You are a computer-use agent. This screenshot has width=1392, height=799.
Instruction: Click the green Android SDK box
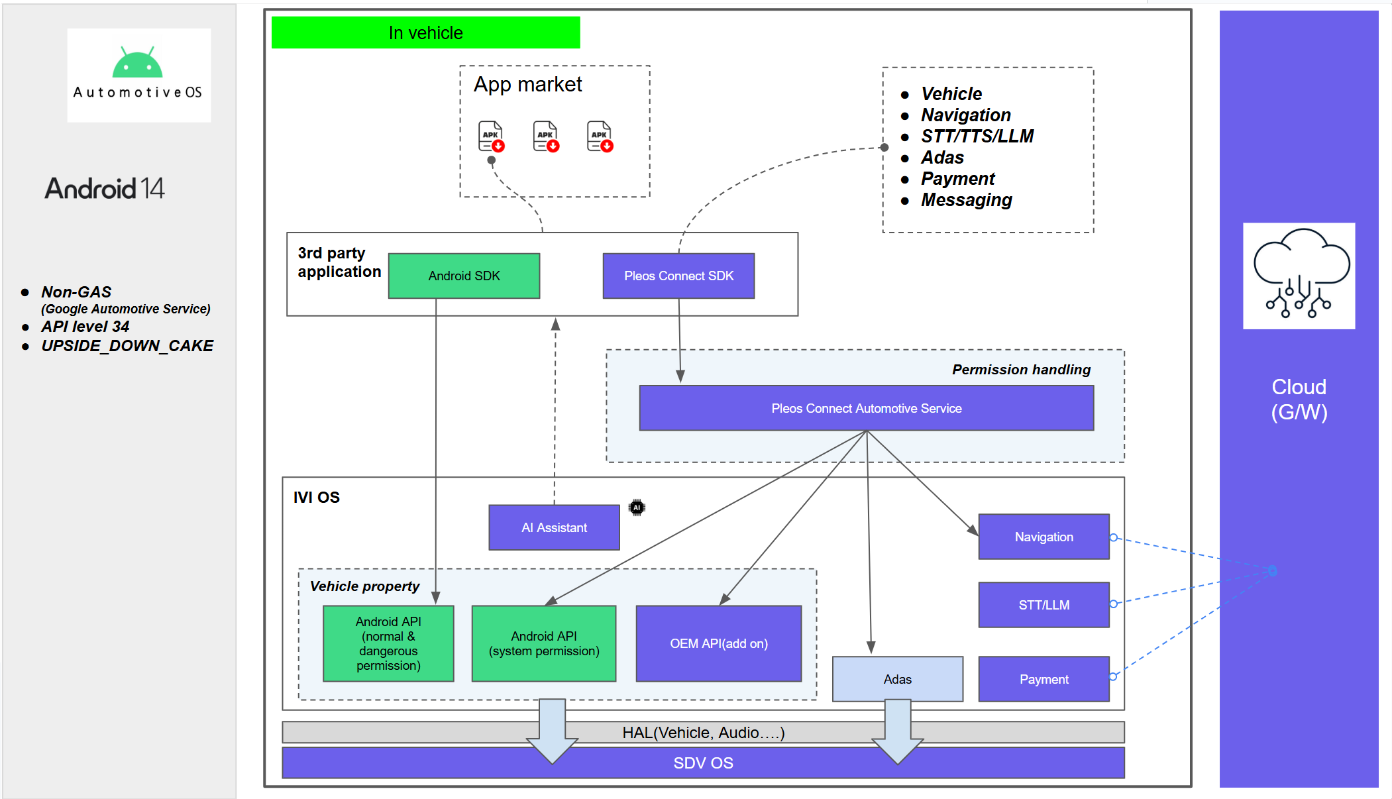464,276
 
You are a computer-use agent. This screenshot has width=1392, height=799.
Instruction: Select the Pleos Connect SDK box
678,276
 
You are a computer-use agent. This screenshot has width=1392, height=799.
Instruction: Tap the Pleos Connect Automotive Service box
866,408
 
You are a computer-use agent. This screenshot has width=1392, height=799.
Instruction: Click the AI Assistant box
554,527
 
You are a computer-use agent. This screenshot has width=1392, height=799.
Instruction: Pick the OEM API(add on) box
718,643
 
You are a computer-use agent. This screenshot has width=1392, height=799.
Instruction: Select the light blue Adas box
897,679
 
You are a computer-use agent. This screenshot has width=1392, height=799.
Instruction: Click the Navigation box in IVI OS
1044,537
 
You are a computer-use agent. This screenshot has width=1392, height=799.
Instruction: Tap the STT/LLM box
1044,605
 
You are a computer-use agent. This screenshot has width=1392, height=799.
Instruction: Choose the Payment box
1044,679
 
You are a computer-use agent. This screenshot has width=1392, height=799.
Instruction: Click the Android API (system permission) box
543,643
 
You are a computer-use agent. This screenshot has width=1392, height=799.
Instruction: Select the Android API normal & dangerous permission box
388,643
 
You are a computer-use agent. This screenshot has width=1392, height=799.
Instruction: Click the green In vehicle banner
425,32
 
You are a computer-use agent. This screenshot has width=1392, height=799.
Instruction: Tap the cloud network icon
1299,275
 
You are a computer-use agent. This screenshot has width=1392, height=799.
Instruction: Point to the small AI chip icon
637,507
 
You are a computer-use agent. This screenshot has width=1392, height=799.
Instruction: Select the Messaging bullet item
966,200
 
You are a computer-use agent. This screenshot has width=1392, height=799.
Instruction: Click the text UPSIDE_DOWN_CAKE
127,346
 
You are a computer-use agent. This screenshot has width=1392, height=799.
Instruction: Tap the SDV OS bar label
703,763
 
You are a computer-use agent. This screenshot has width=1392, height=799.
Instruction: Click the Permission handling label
1021,370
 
